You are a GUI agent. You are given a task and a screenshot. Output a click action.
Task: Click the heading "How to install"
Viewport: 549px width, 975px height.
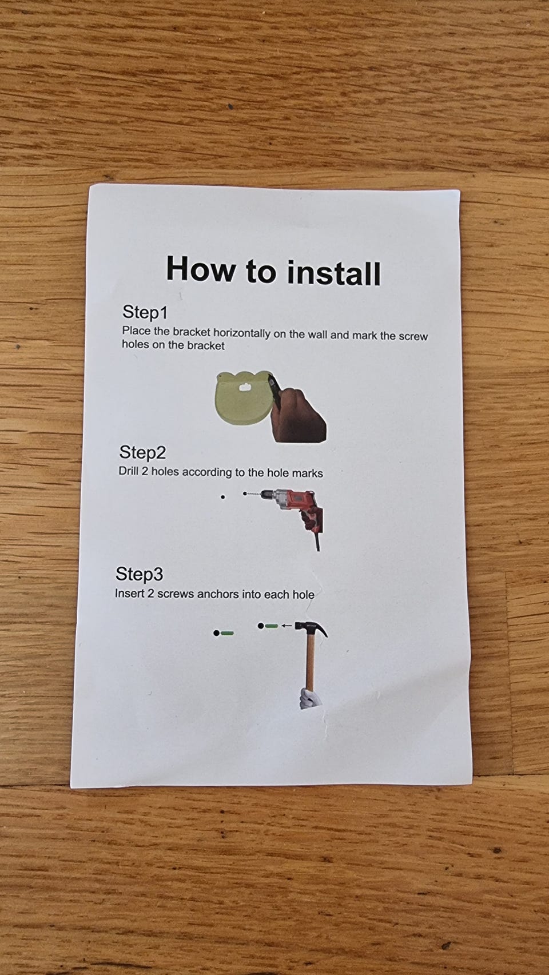pos(273,270)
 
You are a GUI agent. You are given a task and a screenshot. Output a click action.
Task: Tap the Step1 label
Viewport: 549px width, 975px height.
pos(145,312)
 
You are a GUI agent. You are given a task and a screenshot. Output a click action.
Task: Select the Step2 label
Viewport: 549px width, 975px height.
pos(142,453)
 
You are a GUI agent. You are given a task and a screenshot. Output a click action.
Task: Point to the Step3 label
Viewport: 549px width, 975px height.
pos(139,574)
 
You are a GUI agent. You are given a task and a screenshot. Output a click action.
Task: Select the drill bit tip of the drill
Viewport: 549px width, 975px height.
pos(245,493)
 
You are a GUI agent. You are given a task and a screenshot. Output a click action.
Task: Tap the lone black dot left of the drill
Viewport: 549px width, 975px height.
pos(223,496)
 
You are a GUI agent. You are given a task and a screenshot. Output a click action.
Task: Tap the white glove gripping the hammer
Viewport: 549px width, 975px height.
pos(310,698)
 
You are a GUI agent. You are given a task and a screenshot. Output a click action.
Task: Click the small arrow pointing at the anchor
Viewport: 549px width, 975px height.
pos(287,626)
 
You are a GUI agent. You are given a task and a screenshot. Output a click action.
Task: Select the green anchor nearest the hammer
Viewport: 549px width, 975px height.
pos(271,626)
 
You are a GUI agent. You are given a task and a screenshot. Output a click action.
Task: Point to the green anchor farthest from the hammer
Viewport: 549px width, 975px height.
pos(227,633)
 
